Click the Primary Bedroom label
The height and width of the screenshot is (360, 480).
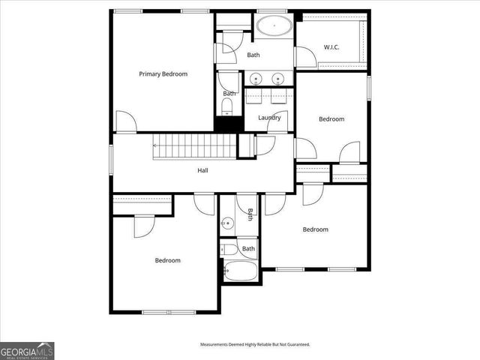[x=163, y=74]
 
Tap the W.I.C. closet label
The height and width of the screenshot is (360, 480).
[x=331, y=47]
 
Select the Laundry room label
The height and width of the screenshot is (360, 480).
[x=269, y=118]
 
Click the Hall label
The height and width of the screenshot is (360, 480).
[x=202, y=170]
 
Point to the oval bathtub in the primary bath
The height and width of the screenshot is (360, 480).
[x=275, y=28]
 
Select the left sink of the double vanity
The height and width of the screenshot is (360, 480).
[x=256, y=77]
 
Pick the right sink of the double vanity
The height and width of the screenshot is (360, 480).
[x=278, y=77]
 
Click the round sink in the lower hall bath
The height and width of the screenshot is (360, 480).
[x=227, y=223]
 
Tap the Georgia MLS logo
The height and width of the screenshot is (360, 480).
[x=27, y=350]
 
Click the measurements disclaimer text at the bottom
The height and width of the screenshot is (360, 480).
[x=254, y=344]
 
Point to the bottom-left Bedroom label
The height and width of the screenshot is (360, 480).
[x=167, y=260]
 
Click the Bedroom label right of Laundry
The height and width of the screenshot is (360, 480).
[x=331, y=119]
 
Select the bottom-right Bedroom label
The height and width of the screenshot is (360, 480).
[x=315, y=229]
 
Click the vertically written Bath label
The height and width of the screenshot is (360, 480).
[x=250, y=214]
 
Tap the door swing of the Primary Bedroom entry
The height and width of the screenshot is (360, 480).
[x=127, y=121]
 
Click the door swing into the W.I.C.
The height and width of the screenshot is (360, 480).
[x=306, y=58]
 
